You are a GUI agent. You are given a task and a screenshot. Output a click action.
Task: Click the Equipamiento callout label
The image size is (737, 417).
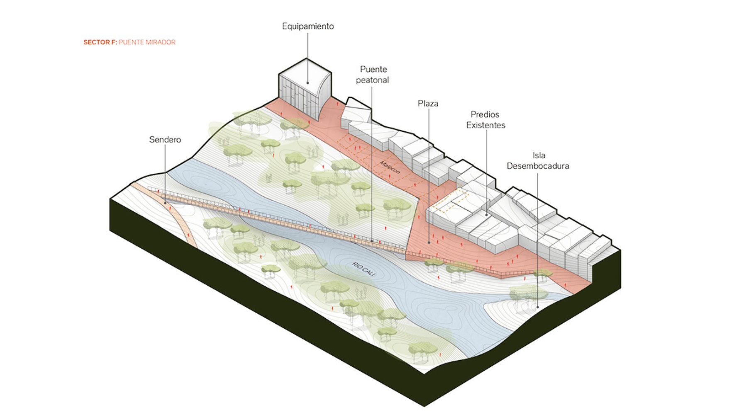point(307,26)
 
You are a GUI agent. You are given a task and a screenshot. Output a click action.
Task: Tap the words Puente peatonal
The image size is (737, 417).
point(373,75)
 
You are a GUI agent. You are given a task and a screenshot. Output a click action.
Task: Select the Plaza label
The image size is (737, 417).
point(428,103)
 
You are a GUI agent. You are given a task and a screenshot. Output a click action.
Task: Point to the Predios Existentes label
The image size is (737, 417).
point(485,119)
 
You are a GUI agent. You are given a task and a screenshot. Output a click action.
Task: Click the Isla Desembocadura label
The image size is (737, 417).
point(538,160)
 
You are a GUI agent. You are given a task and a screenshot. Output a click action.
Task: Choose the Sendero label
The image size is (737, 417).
point(165,140)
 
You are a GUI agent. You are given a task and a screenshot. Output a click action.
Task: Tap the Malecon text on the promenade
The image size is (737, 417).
point(390,167)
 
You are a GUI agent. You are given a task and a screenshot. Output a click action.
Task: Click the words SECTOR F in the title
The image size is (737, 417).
point(100,42)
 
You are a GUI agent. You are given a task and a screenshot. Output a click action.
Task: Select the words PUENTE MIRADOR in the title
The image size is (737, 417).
point(147,42)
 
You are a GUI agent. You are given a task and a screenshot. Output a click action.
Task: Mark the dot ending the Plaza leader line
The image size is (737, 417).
point(429,242)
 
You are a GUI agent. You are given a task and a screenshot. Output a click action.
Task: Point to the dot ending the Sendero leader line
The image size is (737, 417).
point(165,203)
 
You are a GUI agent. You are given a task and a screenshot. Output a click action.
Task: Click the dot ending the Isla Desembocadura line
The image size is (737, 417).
point(537,307)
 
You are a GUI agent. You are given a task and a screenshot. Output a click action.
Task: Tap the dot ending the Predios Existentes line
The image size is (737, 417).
point(486,215)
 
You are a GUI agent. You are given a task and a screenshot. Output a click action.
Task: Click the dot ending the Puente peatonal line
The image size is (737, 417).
point(371,240)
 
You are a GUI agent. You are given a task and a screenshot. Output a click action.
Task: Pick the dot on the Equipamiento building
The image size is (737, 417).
point(307,83)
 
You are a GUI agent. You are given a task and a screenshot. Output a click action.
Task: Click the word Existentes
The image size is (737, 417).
point(486,125)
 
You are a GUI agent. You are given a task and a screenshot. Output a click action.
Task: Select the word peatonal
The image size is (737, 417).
point(372,80)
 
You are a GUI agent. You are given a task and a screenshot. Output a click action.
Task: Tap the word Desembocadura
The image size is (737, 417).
point(538,166)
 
